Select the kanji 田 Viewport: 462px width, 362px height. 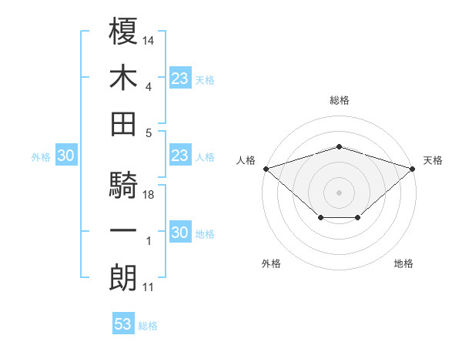coord(124,123)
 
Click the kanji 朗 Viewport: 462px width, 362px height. coord(124,278)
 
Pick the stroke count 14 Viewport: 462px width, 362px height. coord(149,39)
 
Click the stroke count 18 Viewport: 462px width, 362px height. coord(149,195)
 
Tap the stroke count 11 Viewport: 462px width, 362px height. coord(149,288)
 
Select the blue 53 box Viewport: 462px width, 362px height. coord(123,324)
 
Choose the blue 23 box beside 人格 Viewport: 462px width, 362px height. coord(179,156)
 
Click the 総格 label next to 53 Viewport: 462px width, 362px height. coord(148,326)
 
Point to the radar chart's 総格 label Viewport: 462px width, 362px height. coord(340,100)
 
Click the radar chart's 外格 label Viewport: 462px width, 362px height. coord(271,263)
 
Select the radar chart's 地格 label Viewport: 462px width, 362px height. coord(403,263)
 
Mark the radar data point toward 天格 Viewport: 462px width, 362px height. coord(413,169)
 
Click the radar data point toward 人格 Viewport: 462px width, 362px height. coord(266,169)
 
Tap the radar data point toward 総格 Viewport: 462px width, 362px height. coord(340,146)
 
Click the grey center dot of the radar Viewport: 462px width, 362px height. coord(340,191)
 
